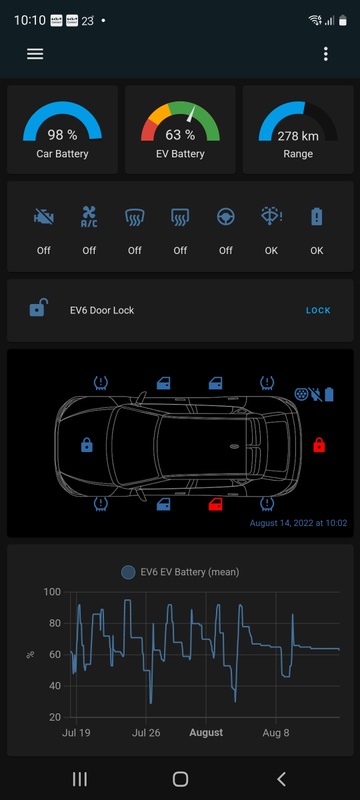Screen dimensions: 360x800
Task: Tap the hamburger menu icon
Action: coord(35,54)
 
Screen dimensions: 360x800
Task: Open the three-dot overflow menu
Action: coord(326,54)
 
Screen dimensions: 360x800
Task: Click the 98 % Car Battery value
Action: coord(62,135)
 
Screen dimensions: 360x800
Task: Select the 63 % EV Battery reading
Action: coord(180,135)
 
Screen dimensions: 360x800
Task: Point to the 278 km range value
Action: coord(298,136)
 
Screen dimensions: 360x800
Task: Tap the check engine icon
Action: coord(43,218)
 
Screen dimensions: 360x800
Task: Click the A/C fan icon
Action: coord(89,217)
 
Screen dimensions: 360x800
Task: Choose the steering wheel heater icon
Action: coord(225,218)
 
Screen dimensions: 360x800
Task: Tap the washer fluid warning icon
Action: coord(271,217)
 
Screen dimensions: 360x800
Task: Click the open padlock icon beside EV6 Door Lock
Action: coord(38,308)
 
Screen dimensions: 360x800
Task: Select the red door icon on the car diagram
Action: coord(216,505)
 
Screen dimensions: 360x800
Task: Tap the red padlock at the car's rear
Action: coord(319,444)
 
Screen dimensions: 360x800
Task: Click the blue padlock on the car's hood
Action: coord(87,445)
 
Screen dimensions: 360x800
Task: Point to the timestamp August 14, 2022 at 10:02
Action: coord(298,523)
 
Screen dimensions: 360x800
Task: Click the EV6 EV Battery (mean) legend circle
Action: coord(128,572)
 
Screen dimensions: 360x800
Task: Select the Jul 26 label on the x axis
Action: coord(146,733)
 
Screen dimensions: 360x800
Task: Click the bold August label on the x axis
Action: coord(206,733)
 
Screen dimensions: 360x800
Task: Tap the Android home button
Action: coord(180,779)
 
